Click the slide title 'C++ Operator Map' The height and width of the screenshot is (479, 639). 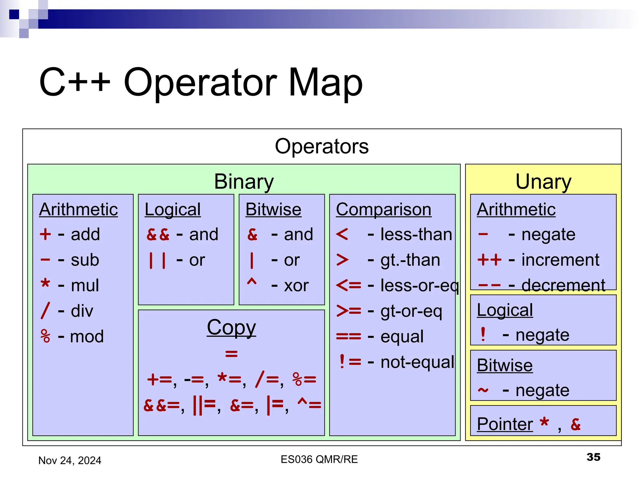click(201, 82)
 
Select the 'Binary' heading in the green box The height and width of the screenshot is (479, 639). click(244, 181)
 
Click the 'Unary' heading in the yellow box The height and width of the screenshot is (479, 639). click(543, 181)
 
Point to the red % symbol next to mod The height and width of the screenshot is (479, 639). click(46, 336)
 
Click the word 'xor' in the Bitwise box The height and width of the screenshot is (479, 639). click(296, 285)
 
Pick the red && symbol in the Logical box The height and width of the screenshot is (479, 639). click(158, 235)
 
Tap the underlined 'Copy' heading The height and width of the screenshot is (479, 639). click(231, 327)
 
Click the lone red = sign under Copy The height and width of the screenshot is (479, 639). click(231, 354)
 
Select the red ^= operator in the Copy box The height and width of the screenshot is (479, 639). click(309, 404)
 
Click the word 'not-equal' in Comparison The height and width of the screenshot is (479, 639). click(417, 362)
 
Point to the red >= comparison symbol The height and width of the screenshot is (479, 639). click(349, 311)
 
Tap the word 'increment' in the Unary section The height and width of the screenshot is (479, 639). click(560, 260)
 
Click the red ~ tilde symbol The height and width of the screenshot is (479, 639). click(483, 390)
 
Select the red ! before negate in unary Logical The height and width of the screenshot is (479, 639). click(483, 334)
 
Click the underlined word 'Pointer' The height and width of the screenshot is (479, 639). click(505, 424)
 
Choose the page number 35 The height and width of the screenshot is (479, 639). click(593, 457)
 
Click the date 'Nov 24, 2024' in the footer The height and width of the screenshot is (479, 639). click(70, 460)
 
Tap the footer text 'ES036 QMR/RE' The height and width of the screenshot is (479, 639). click(319, 459)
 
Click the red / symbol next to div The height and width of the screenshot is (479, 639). click(45, 311)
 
